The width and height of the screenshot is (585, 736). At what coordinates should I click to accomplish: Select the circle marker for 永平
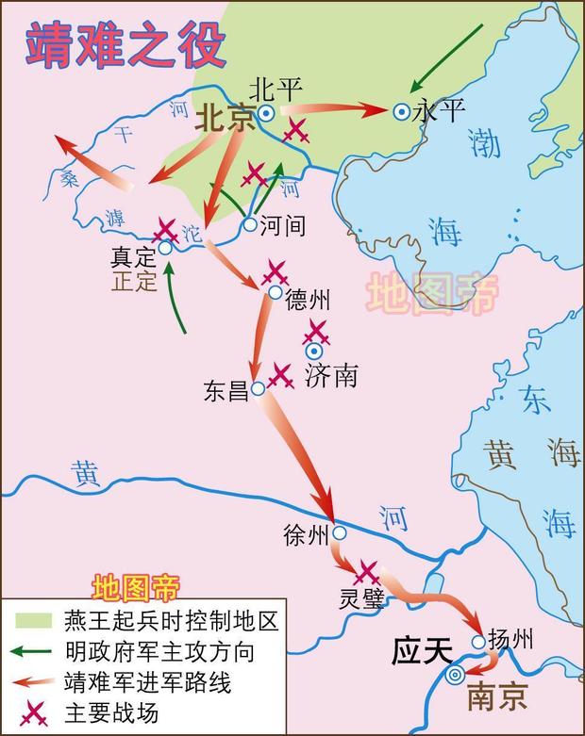coord(402,111)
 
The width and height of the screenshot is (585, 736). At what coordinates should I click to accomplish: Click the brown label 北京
coord(226,118)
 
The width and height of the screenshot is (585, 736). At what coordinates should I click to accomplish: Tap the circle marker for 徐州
coord(339,533)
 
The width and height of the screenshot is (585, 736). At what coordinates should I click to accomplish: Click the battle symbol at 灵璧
coord(366,572)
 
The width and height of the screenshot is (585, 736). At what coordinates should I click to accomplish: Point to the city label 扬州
coord(512,641)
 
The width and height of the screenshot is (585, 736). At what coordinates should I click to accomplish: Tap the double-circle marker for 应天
coord(456,674)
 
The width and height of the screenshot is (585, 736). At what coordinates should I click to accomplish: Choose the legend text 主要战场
coord(114,711)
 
